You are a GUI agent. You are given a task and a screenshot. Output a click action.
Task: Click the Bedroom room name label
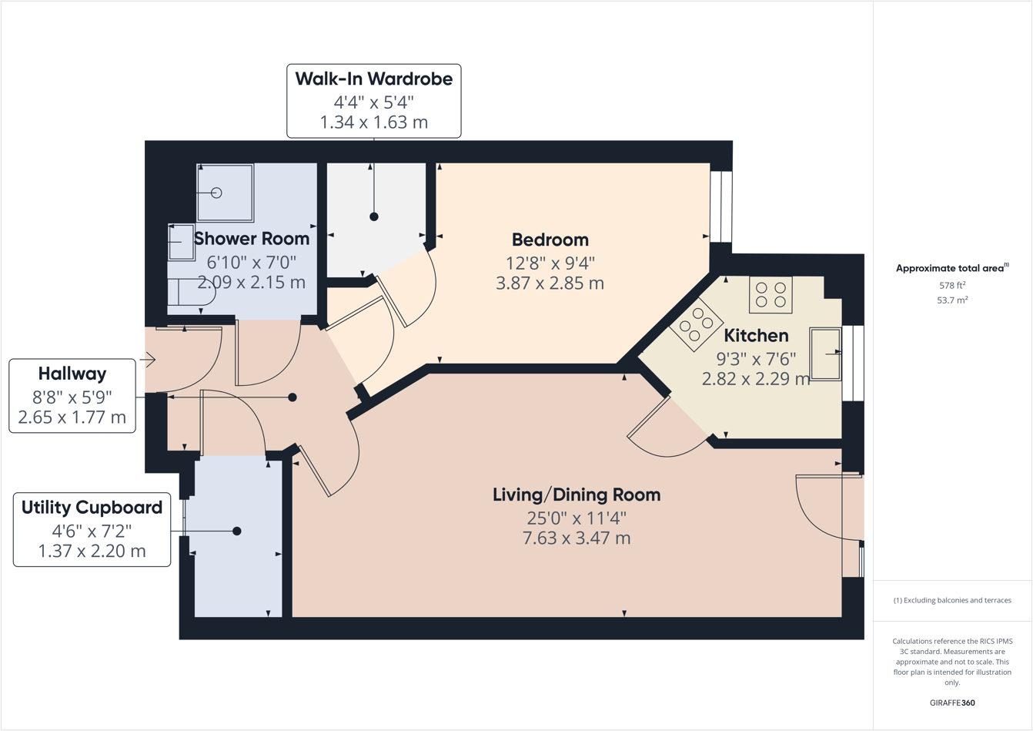tap(550, 240)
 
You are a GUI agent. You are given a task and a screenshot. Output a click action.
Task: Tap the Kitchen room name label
tap(756, 336)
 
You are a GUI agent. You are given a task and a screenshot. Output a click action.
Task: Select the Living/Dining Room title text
tap(577, 495)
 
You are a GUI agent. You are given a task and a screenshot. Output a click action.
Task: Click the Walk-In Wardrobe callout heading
tap(373, 79)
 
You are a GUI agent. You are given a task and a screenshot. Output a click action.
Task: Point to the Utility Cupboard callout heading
tap(92, 508)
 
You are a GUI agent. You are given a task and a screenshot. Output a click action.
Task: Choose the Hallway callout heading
tap(72, 374)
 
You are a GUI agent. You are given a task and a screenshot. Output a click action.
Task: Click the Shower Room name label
tap(252, 239)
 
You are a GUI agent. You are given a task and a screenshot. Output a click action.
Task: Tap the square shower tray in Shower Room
tap(225, 193)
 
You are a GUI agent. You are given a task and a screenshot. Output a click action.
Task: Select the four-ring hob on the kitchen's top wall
tap(771, 294)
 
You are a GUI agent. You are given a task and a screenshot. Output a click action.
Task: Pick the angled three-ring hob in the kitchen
tap(696, 324)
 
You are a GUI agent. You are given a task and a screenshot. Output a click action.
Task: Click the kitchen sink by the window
tap(825, 354)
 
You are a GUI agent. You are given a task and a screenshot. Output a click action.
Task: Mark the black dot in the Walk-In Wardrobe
tap(374, 216)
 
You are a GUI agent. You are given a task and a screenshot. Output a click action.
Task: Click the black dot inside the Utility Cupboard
tap(237, 531)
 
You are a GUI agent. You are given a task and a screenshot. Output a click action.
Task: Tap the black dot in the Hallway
tap(293, 397)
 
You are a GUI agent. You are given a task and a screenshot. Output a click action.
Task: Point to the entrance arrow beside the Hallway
tap(148, 359)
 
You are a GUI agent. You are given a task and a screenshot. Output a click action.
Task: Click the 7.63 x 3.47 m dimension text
tap(577, 538)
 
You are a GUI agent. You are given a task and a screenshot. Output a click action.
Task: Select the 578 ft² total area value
tap(951, 286)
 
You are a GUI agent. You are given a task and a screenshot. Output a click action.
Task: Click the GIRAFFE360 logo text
tap(952, 702)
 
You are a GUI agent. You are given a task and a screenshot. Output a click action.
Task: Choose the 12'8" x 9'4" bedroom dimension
tap(550, 263)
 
